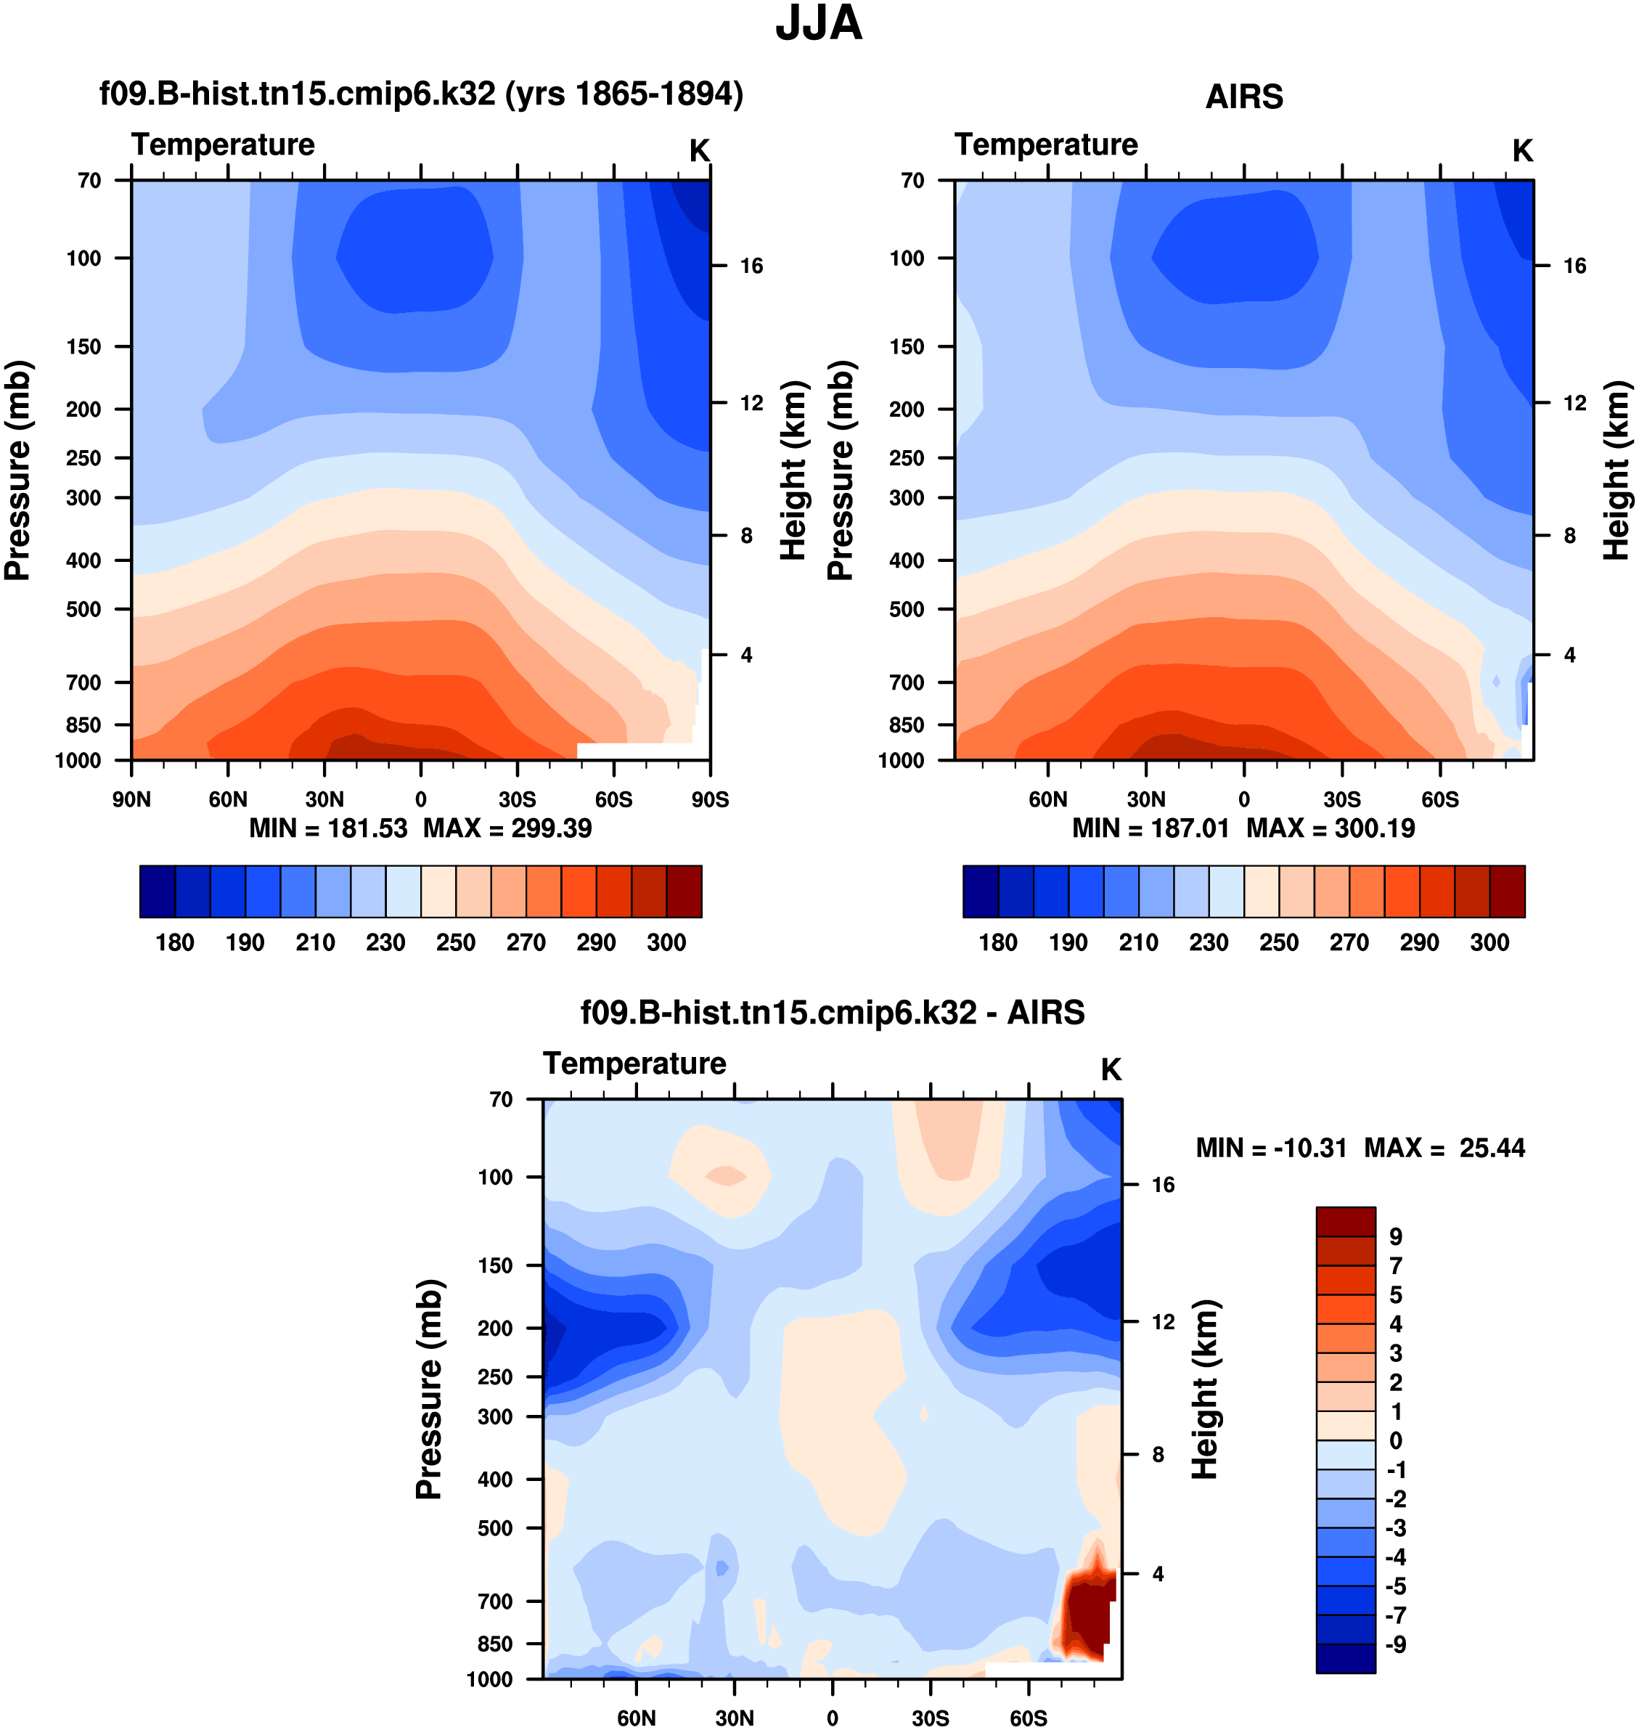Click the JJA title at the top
819,25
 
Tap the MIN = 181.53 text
329,828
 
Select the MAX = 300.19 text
1330,828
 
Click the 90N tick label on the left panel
131,799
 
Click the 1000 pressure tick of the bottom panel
489,1679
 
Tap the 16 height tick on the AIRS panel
1574,266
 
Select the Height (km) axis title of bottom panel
1205,1390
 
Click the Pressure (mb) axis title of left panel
17,470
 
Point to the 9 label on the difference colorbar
1395,1236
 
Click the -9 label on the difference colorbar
1395,1644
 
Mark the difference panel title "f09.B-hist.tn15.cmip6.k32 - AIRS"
833,1013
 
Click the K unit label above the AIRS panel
1523,151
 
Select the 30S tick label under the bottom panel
931,1718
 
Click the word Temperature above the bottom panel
634,1064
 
